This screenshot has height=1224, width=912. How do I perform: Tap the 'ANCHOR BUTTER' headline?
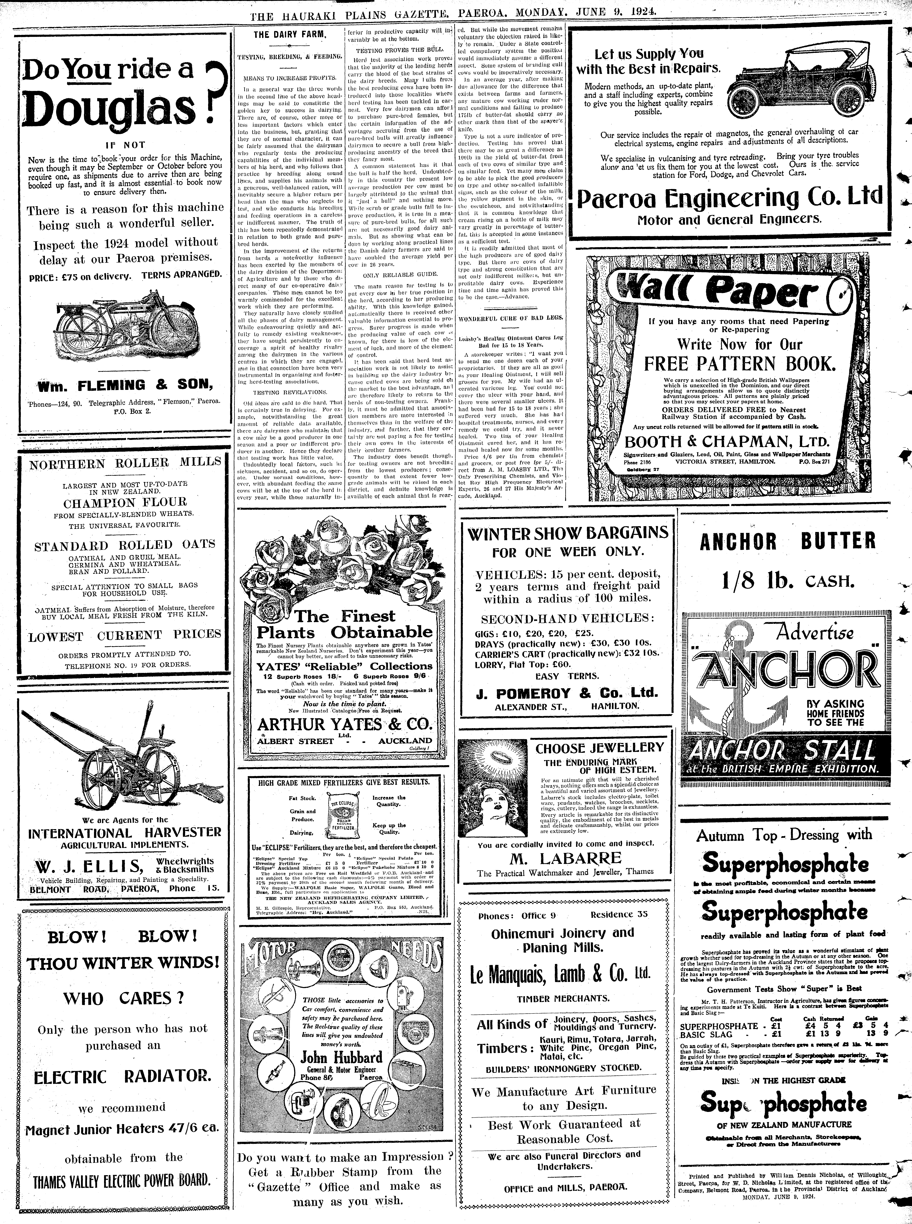click(788, 542)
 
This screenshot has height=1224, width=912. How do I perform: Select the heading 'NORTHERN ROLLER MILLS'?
click(125, 463)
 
